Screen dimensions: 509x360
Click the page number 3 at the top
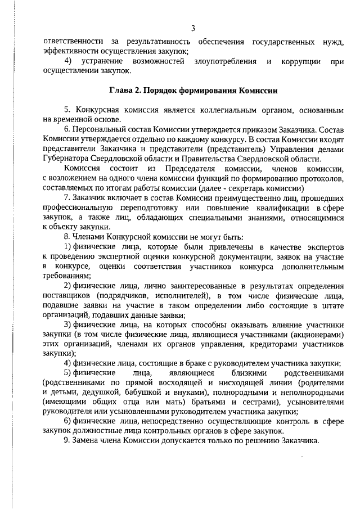[193, 29]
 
